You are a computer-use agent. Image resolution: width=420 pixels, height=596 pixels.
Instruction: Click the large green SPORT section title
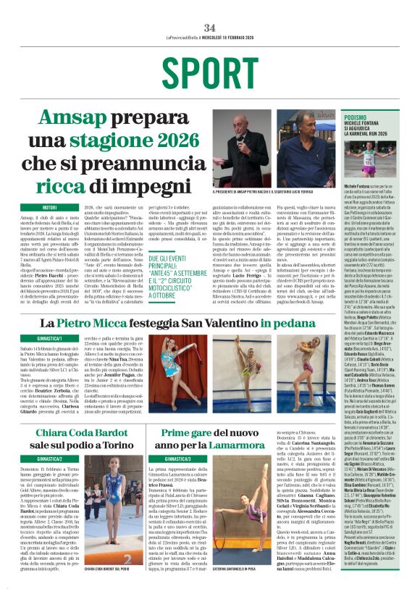pos(210,71)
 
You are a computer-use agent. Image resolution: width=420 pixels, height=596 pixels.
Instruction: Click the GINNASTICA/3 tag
pos(177,458)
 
